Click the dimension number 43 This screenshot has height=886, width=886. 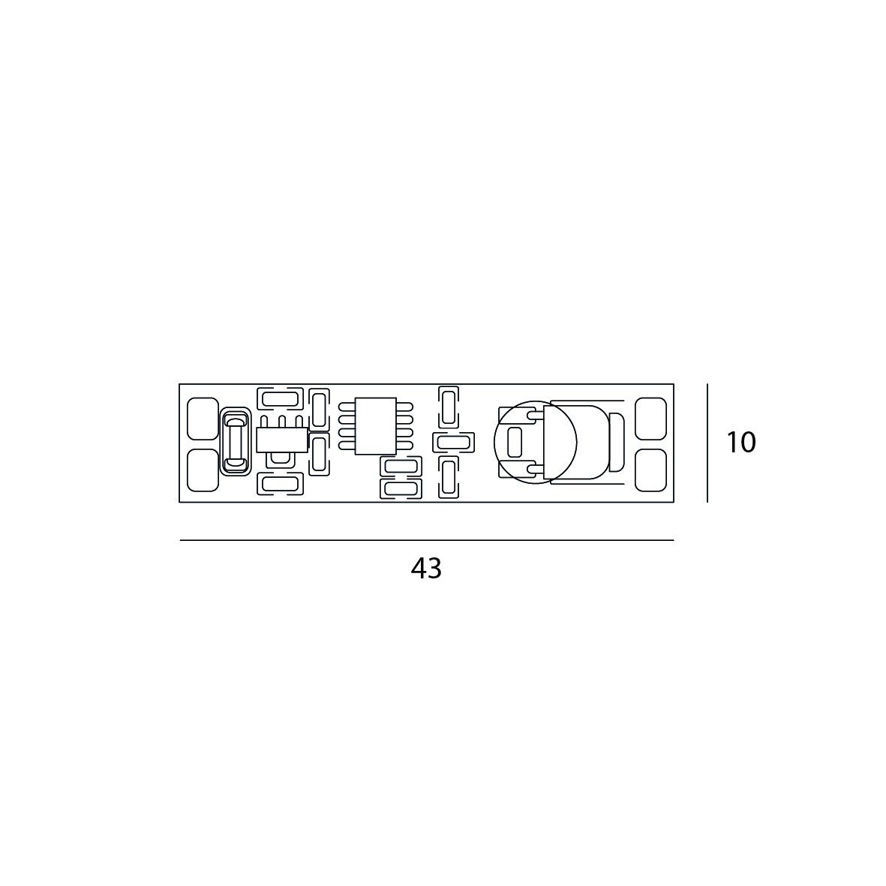click(x=426, y=569)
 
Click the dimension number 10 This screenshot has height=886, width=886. click(x=740, y=443)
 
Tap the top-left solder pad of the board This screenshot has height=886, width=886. click(x=203, y=418)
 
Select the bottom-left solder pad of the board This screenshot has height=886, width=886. click(x=203, y=470)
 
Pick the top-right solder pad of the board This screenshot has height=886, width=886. click(x=651, y=418)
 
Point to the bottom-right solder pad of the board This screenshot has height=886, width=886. click(x=651, y=470)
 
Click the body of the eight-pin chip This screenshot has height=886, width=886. click(x=375, y=426)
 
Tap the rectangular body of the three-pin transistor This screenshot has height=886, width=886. click(x=282, y=440)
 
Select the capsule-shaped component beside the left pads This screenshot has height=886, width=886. click(x=235, y=441)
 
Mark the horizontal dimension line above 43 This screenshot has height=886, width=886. click(x=427, y=540)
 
